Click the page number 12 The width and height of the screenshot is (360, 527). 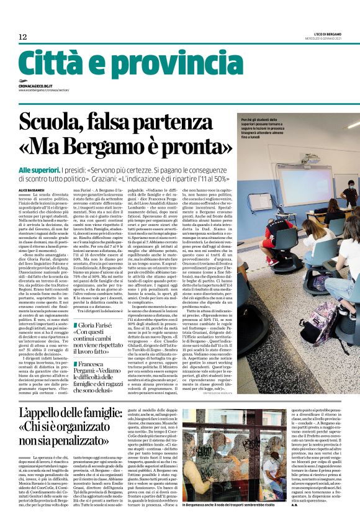pos(22,37)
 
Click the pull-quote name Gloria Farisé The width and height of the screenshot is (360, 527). pos(99,325)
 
